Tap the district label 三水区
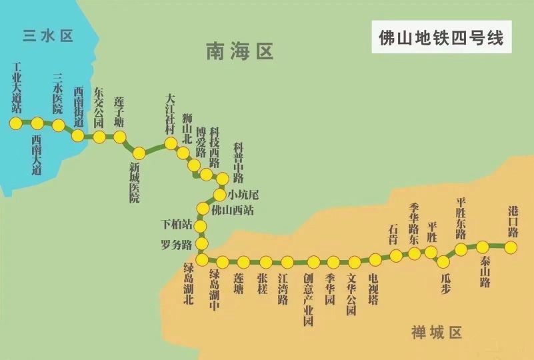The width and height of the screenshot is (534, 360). (45, 36)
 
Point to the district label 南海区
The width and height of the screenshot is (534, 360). (240, 51)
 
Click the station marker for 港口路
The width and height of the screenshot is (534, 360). (511, 247)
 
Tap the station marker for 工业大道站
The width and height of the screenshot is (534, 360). (15, 123)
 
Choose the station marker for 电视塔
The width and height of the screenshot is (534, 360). (375, 259)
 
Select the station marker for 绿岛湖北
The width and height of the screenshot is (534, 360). (202, 259)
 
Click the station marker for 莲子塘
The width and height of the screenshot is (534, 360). (120, 137)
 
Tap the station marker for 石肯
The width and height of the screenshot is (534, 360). (396, 255)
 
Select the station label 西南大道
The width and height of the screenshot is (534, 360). (36, 155)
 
